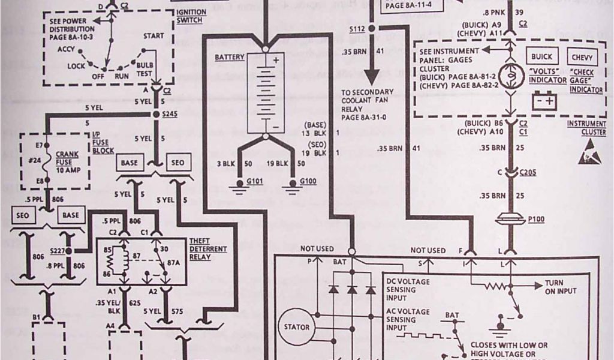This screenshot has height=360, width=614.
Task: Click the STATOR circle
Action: (x=298, y=328)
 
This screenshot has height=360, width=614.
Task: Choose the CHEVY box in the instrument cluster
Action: (x=582, y=58)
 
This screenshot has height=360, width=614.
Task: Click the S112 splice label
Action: (x=359, y=29)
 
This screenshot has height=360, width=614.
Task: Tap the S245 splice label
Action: (x=170, y=113)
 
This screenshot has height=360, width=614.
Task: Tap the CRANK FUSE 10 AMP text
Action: (x=67, y=161)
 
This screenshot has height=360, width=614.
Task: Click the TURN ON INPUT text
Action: (x=561, y=287)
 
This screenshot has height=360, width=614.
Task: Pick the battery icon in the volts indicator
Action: (x=543, y=98)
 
